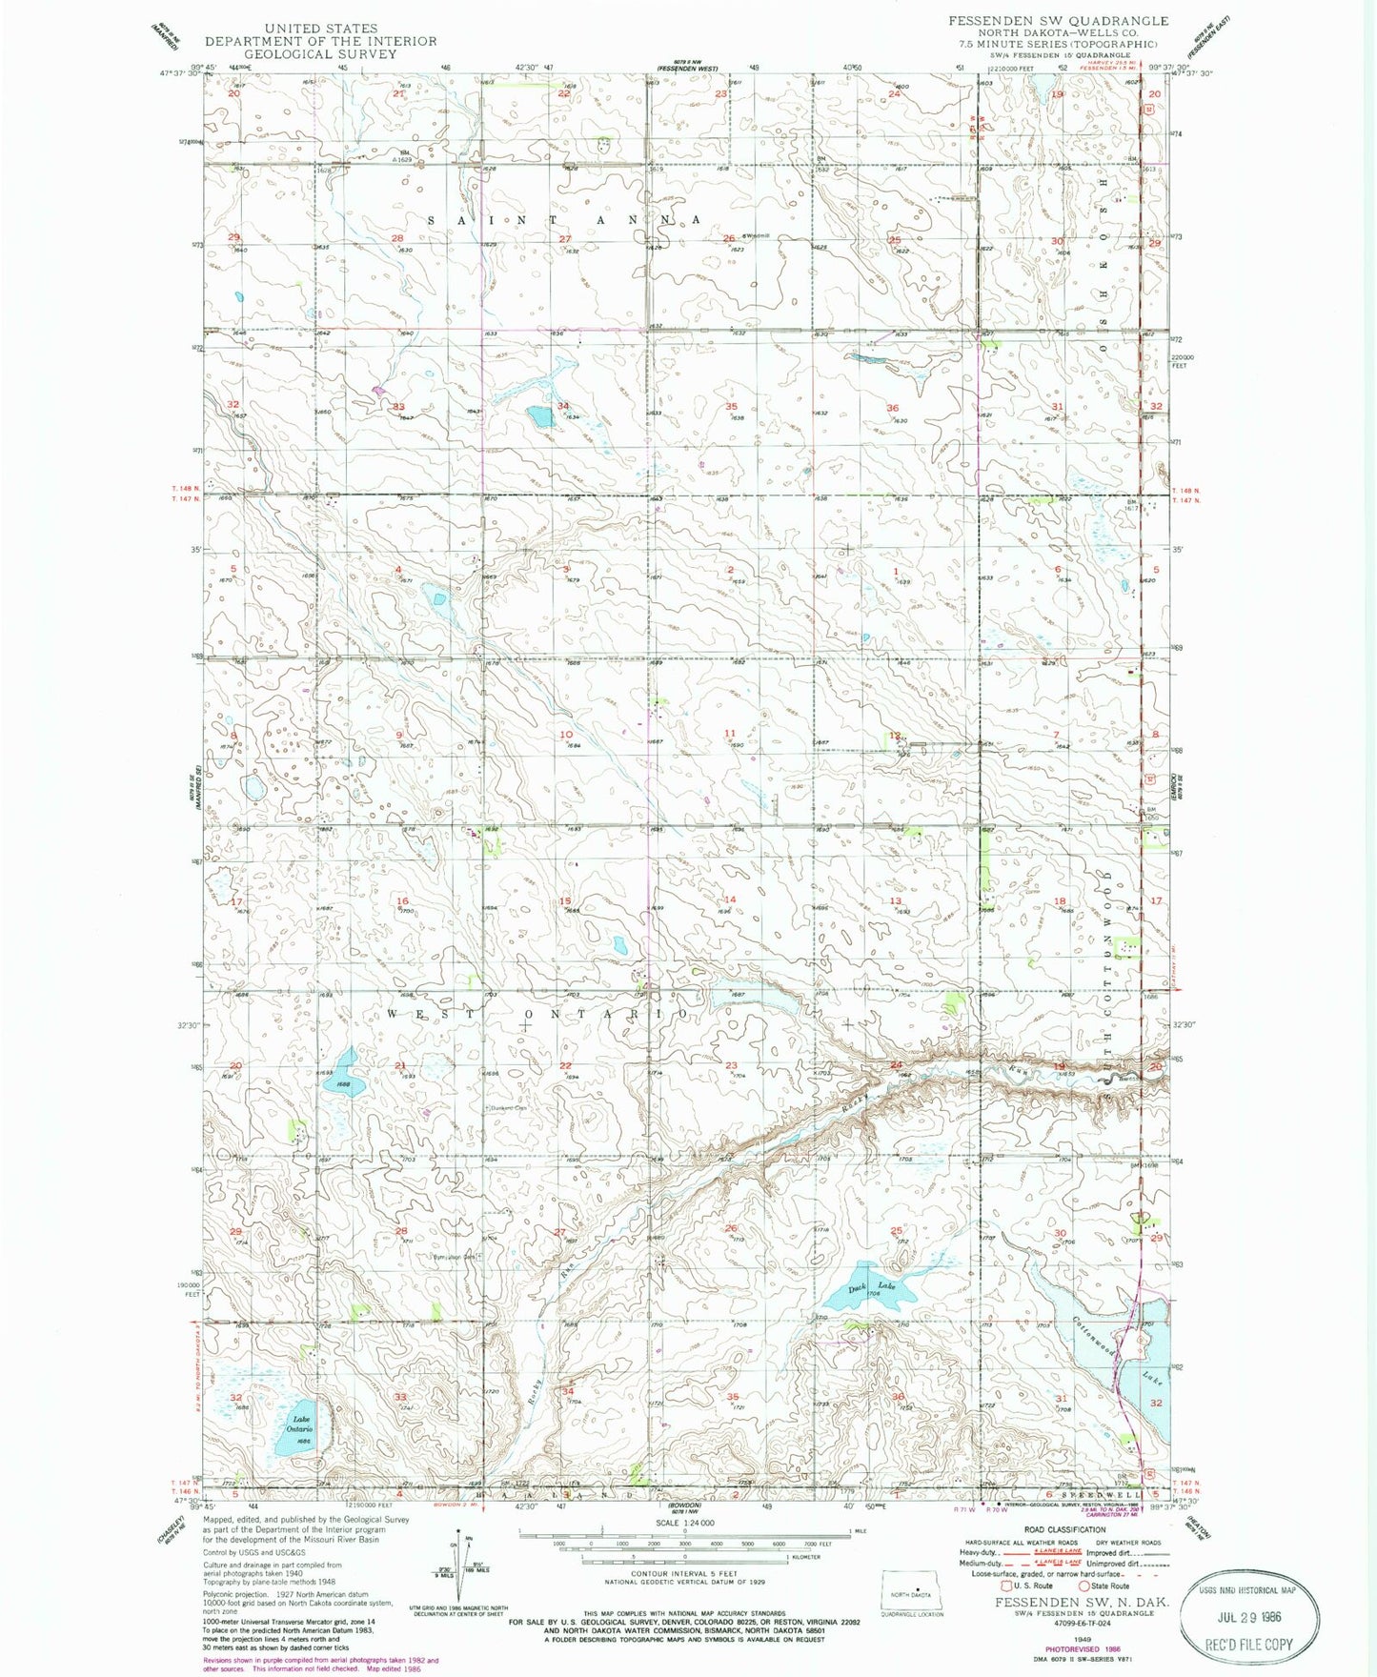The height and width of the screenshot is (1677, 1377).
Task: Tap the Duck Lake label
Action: tap(874, 1287)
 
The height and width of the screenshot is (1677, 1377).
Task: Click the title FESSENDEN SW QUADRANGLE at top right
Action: tap(1058, 20)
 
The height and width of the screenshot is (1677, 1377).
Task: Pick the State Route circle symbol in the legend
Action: tap(1084, 1586)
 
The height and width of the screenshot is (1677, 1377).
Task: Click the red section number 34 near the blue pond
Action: tap(563, 407)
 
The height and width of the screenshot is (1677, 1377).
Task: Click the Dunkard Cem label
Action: tap(508, 1108)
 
